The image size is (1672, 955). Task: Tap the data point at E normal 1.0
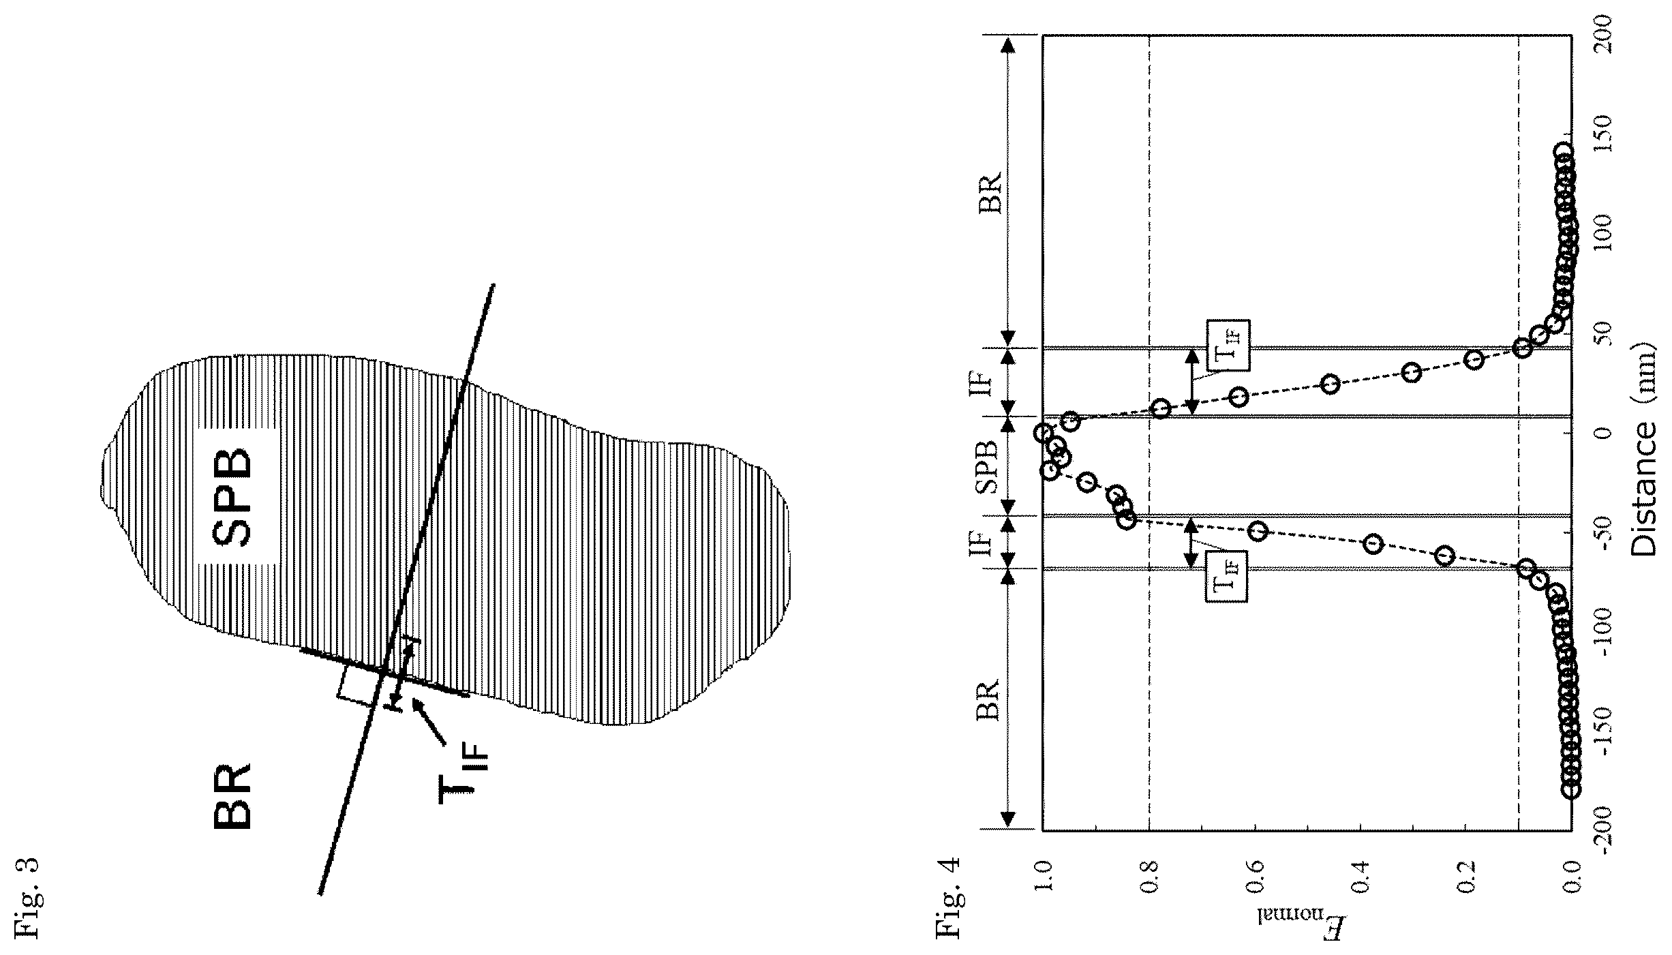(x=1042, y=432)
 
